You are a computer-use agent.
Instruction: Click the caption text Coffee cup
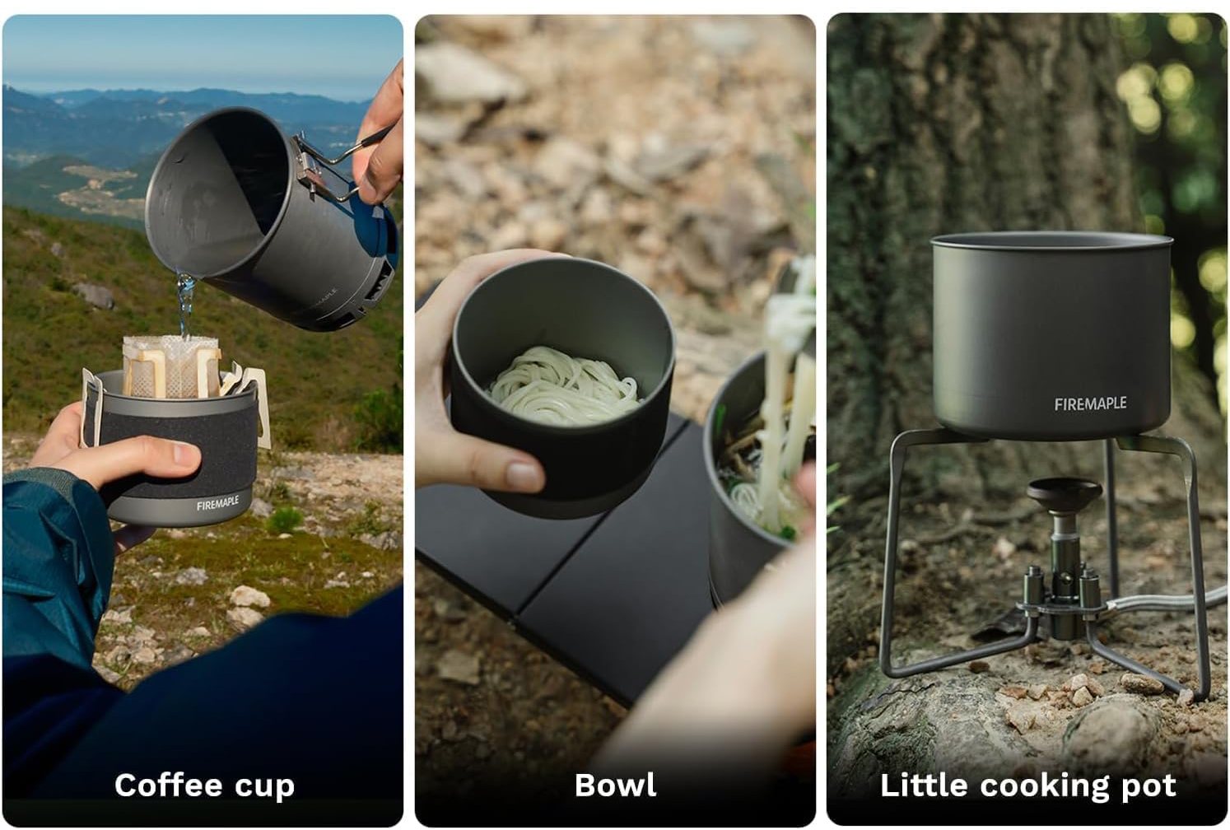204,786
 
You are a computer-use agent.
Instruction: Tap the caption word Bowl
615,785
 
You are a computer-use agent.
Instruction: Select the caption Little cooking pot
1028,786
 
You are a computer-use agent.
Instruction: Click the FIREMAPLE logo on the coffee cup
218,502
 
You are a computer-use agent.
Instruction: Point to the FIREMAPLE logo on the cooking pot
1090,403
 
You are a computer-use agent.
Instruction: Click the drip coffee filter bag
171,366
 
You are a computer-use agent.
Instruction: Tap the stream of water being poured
185,303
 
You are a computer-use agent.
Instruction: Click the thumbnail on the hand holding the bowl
524,474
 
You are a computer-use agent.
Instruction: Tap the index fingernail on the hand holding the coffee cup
186,453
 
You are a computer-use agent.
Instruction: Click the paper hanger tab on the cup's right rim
254,403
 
